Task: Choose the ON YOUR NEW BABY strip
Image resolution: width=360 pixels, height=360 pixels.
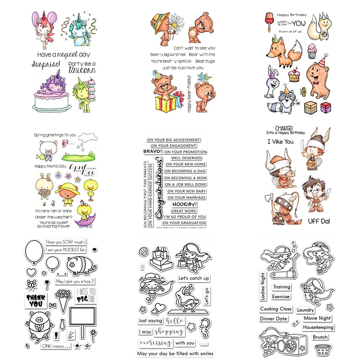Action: tap(185, 190)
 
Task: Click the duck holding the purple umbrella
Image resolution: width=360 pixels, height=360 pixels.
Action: tap(83, 212)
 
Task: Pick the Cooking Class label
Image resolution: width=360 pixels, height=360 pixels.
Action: tap(276, 309)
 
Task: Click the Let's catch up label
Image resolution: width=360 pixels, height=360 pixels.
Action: tap(193, 278)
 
